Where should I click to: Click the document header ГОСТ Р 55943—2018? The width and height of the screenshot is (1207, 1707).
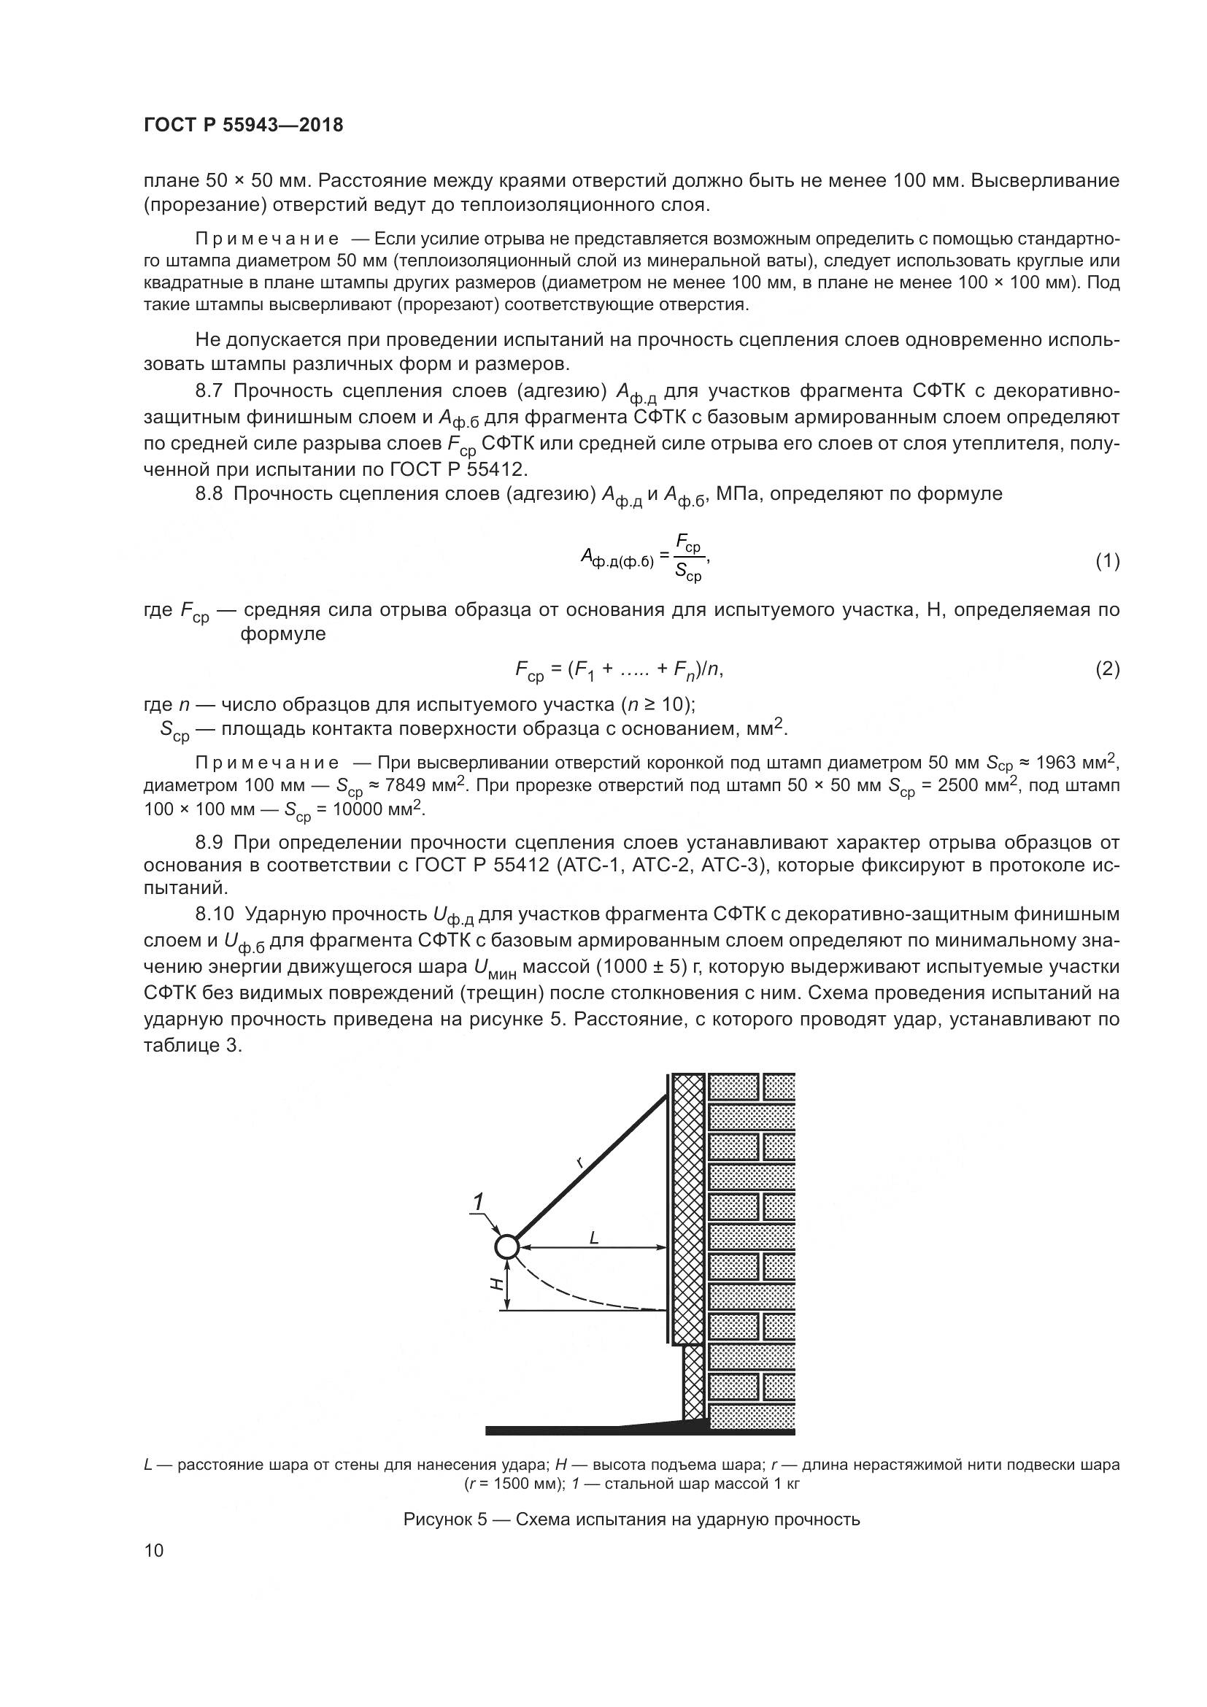pos(243,125)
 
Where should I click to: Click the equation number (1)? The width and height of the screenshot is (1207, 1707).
pos(1107,560)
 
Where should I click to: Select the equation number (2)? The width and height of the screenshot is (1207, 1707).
pos(1107,669)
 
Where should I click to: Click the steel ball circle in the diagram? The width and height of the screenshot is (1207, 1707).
pos(506,1246)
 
